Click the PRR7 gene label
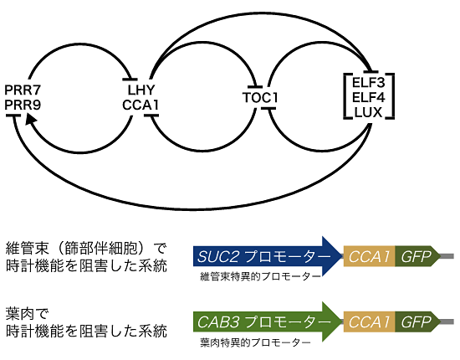click(x=23, y=90)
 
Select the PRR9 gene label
click(x=23, y=105)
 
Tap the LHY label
click(x=141, y=90)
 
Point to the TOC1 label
click(x=260, y=97)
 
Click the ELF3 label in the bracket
click(x=368, y=83)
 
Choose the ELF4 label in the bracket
click(x=368, y=97)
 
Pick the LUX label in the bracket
click(x=368, y=112)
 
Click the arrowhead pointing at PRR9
click(x=30, y=120)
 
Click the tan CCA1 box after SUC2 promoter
click(x=370, y=256)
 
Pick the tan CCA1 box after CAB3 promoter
click(x=370, y=321)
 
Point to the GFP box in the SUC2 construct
click(x=417, y=256)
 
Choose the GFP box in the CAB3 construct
click(x=417, y=321)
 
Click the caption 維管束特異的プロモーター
click(x=260, y=276)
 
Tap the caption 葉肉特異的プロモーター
click(x=255, y=342)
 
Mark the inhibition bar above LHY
click(x=130, y=79)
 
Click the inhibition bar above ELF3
click(x=371, y=72)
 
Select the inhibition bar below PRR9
click(x=13, y=116)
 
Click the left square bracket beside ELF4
click(x=345, y=96)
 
